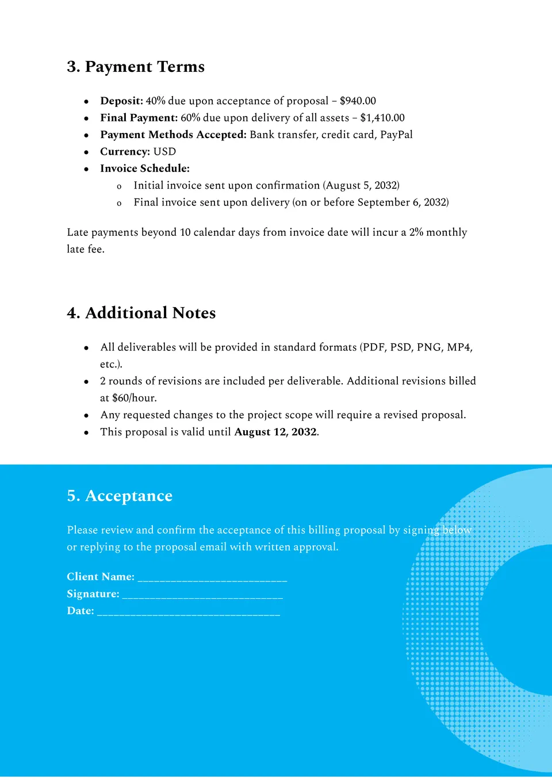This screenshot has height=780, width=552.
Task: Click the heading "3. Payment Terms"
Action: pos(136,67)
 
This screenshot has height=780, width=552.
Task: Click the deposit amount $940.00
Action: pos(358,101)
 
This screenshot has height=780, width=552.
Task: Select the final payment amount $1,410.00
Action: pos(382,118)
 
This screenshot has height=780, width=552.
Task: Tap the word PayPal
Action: pos(396,135)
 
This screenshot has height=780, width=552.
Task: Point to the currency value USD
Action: pos(164,152)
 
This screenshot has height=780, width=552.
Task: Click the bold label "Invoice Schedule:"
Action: pos(145,169)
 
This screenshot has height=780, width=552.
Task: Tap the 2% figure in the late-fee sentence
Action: pos(416,232)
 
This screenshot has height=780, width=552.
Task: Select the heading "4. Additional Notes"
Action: pos(141,313)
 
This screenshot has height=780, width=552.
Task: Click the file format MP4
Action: pos(459,347)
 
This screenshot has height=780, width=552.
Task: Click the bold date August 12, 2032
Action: pos(275,432)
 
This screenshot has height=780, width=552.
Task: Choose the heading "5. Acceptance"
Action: pos(120,496)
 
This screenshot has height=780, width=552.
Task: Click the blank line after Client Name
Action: pos(212,578)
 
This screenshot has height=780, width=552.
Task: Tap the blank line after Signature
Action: pos(202,595)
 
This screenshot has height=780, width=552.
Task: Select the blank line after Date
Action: pos(189,612)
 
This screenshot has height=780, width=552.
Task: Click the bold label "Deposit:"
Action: pos(121,101)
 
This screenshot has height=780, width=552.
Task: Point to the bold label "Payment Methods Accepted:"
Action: pos(173,135)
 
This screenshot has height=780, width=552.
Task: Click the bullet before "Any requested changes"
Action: pos(86,415)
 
